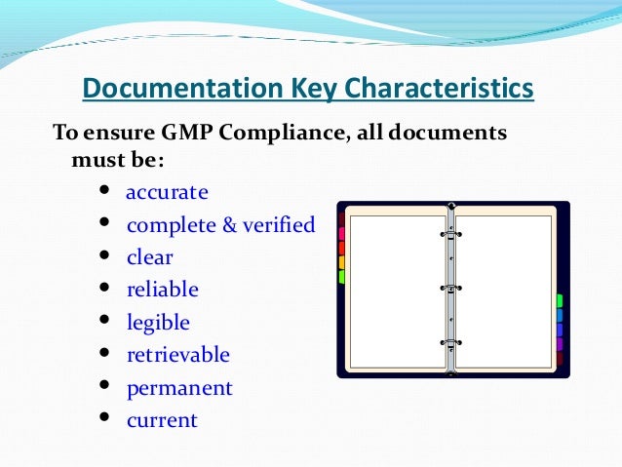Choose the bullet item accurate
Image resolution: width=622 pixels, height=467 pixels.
168,191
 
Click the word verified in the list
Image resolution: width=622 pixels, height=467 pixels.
280,225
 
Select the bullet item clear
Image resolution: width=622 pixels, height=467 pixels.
150,257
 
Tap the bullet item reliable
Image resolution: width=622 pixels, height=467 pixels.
163,290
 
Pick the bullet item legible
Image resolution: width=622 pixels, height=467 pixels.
159,323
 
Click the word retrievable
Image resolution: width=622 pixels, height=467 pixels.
178,355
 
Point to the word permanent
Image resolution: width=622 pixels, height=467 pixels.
180,388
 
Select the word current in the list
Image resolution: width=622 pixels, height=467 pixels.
162,420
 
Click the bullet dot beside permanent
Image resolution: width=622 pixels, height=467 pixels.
104,387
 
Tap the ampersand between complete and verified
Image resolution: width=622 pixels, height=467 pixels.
230,225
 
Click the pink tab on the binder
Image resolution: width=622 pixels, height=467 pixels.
341,234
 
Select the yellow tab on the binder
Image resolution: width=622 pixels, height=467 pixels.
341,262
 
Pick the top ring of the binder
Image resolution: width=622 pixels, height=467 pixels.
450,234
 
